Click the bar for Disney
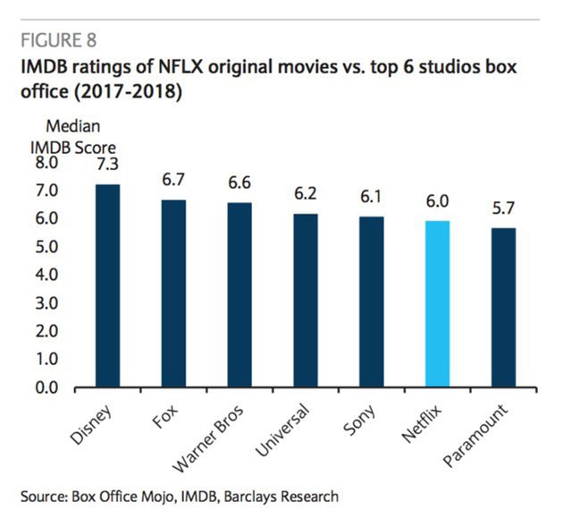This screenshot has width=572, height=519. (107, 286)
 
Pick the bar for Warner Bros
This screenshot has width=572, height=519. (240, 295)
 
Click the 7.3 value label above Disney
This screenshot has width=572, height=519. (107, 164)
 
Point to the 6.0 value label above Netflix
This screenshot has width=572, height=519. (437, 202)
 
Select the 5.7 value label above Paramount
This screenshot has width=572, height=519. (503, 209)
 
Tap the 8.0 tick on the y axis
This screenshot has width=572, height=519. (46, 164)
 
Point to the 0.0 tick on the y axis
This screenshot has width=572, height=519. (46, 388)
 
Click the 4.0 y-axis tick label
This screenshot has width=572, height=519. (46, 276)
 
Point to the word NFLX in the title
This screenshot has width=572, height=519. (176, 67)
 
